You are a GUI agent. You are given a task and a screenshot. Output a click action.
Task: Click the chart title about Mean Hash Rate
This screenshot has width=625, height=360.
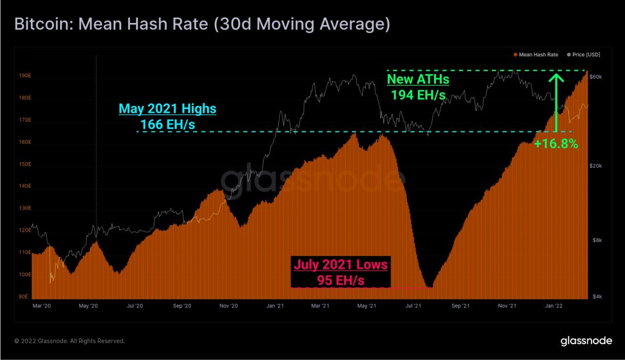(203, 24)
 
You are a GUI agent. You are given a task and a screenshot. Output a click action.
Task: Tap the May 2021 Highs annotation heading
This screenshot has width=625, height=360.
(167, 108)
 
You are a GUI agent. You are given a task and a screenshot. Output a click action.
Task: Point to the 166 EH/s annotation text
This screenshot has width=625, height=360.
(167, 125)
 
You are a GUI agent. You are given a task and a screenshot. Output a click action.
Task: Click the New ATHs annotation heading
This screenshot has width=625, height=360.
(418, 79)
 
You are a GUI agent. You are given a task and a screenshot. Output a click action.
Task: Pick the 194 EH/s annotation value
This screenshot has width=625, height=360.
(418, 95)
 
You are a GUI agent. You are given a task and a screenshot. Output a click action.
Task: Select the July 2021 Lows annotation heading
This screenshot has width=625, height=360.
(340, 265)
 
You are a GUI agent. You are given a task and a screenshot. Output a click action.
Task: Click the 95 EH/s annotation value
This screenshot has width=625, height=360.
(340, 280)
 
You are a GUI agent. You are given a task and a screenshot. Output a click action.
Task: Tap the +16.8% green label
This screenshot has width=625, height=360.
(556, 144)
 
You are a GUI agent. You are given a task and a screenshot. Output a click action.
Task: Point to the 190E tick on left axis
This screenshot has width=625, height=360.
(25, 76)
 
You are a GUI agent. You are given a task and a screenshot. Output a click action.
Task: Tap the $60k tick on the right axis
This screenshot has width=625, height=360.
(597, 77)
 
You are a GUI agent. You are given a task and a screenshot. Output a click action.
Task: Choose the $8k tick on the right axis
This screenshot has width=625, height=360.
(596, 240)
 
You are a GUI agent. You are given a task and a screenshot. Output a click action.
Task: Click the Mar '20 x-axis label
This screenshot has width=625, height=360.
(42, 306)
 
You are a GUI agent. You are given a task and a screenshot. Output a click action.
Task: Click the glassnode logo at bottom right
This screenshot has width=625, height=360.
(586, 341)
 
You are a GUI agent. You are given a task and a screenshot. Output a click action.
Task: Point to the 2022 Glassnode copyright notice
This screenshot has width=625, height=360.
(69, 341)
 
